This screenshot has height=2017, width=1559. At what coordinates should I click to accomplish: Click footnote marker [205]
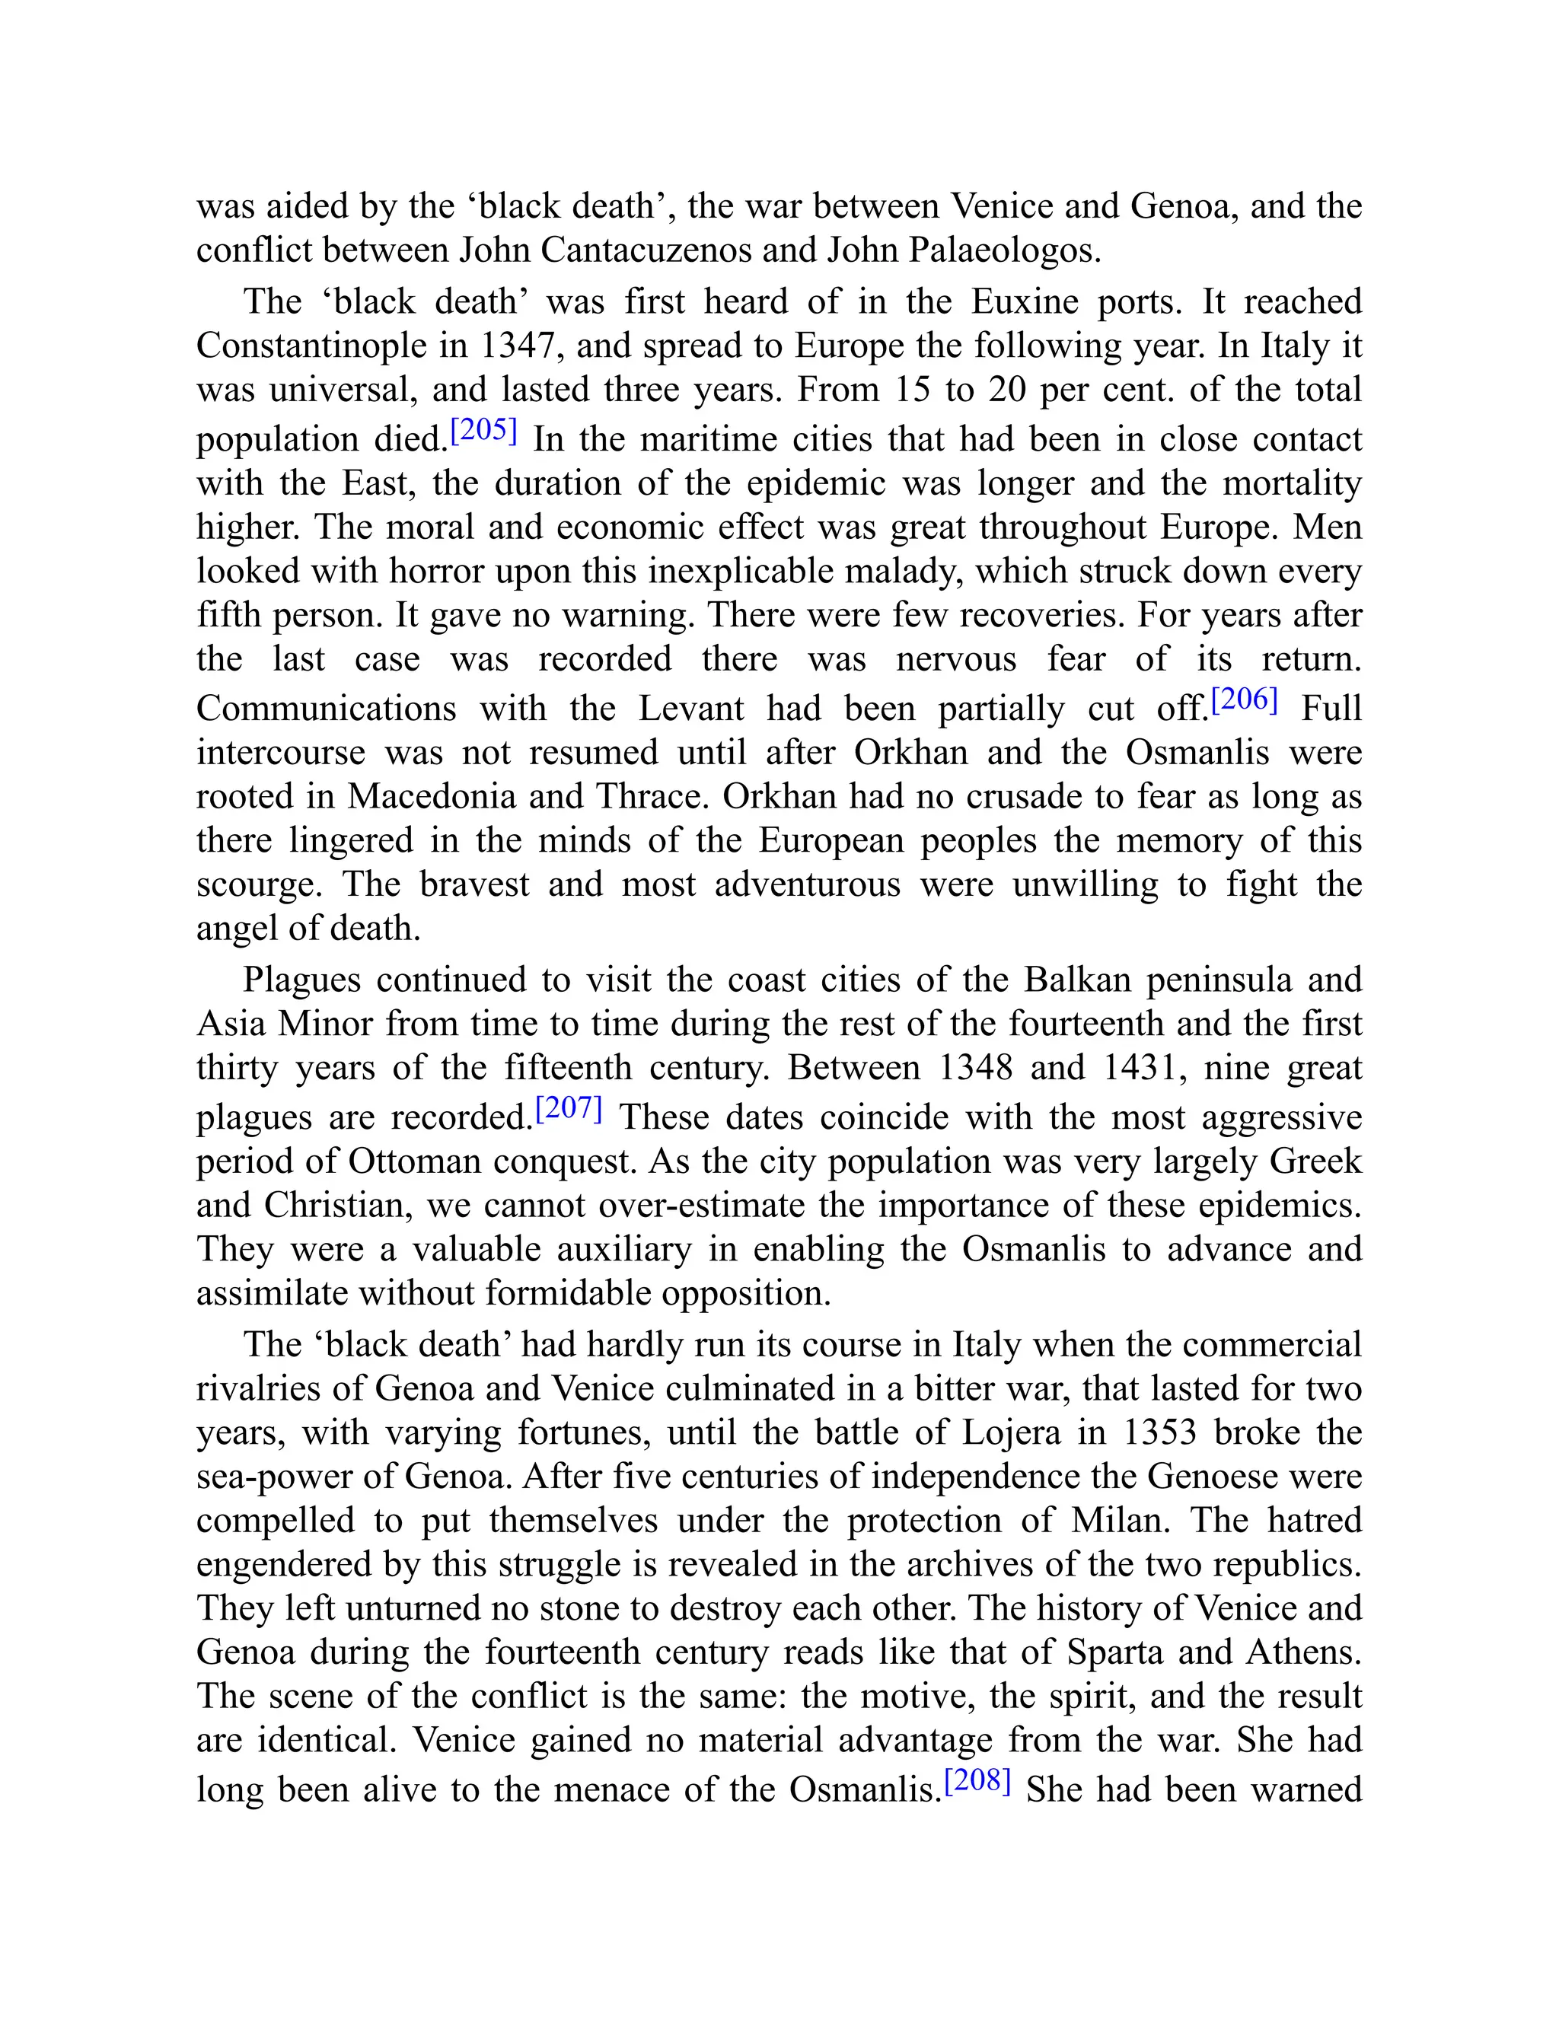pyautogui.click(x=483, y=430)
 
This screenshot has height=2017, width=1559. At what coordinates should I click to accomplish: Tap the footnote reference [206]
pyautogui.click(x=1244, y=700)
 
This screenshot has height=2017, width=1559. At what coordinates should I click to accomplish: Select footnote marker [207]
pyautogui.click(x=569, y=1108)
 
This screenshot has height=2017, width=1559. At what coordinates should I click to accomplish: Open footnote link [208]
pyautogui.click(x=977, y=1780)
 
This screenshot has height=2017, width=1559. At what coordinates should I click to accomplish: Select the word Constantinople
pyautogui.click(x=312, y=346)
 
